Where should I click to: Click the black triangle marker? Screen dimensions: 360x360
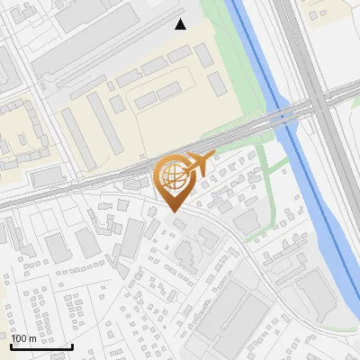[x=181, y=24]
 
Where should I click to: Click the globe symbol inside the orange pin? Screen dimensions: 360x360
[x=171, y=175]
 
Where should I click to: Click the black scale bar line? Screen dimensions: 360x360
[x=41, y=346]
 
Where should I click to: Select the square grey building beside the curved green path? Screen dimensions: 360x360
[x=245, y=220]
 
